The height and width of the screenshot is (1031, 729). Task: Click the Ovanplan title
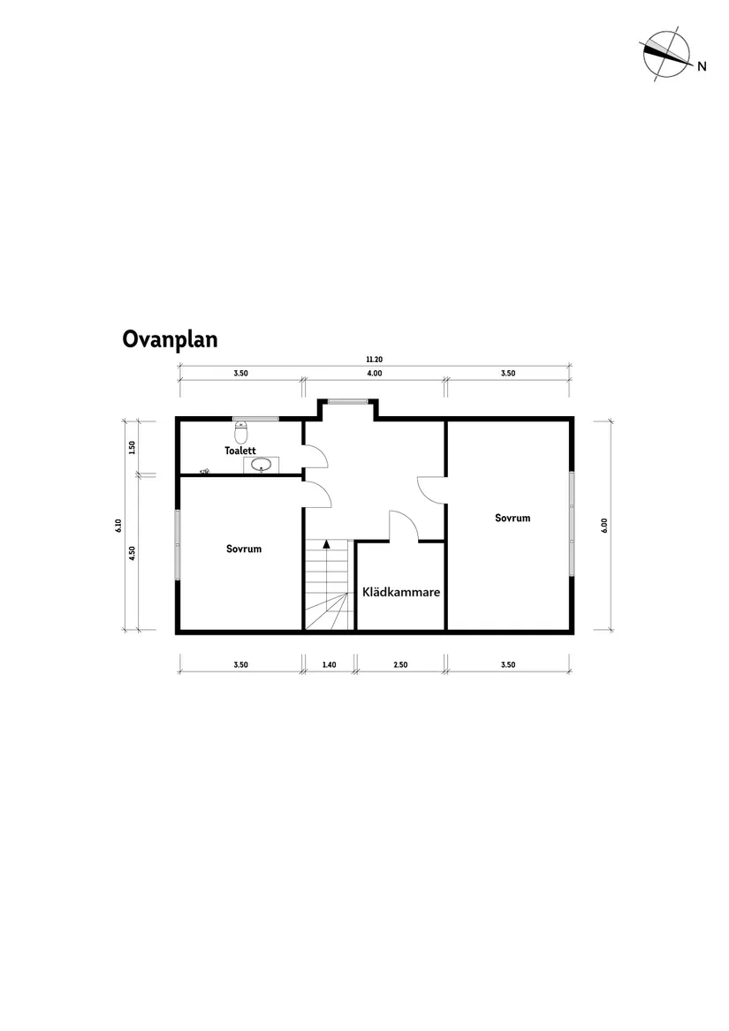(x=170, y=340)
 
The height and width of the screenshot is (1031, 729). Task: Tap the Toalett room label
(x=239, y=451)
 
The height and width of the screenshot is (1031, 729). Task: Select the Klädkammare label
(x=401, y=593)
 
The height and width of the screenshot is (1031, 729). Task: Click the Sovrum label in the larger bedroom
(x=513, y=518)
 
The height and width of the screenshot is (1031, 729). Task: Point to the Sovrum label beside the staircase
(x=244, y=549)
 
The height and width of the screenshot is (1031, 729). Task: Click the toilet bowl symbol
(x=241, y=433)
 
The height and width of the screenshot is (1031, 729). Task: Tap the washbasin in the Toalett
(x=262, y=465)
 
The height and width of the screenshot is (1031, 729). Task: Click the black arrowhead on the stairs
(x=327, y=544)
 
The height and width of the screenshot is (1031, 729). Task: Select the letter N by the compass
(x=702, y=66)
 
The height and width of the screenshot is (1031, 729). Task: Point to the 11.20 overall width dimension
(x=374, y=360)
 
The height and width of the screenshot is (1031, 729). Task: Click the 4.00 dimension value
(x=374, y=374)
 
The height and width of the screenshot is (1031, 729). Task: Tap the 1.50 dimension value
(x=132, y=446)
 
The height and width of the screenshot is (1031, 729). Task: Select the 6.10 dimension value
(x=117, y=526)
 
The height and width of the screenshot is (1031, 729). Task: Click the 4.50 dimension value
(x=132, y=553)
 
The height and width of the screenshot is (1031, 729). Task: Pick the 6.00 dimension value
(x=604, y=525)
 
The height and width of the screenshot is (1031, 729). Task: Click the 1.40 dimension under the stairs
(x=329, y=664)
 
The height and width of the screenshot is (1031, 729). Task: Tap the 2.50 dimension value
(x=399, y=664)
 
